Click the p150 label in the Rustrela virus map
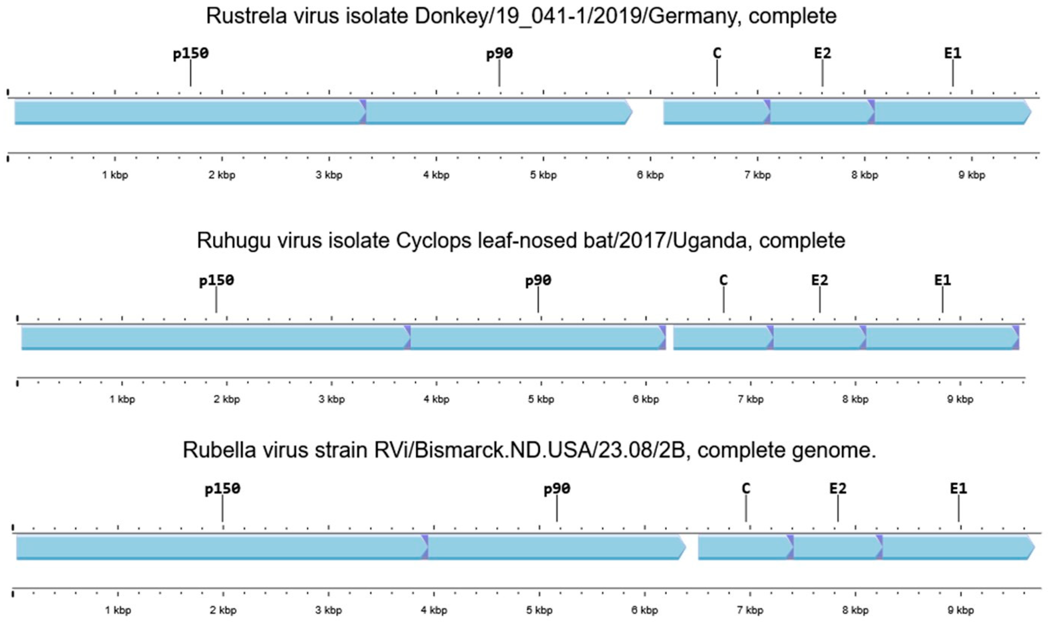[x=191, y=54]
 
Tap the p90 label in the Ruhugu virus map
[x=538, y=280]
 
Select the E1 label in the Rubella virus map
[x=958, y=489]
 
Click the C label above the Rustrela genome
[x=717, y=53]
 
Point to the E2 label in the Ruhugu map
[x=820, y=280]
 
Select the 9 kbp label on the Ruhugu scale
[x=960, y=399]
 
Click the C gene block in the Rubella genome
[x=744, y=547]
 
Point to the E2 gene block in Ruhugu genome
[x=819, y=338]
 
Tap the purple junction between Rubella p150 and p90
[x=425, y=547]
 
